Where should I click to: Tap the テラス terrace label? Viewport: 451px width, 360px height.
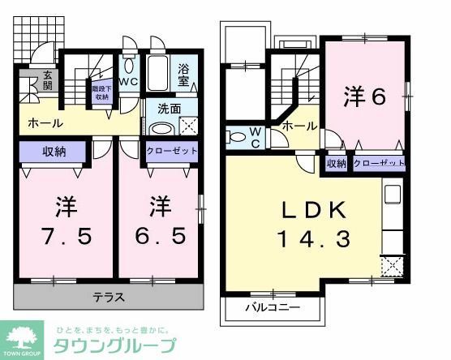point(107,298)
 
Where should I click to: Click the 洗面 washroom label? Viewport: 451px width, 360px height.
point(169,108)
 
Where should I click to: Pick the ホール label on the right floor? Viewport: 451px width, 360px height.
point(301,126)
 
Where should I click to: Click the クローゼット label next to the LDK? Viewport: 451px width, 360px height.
point(380,163)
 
